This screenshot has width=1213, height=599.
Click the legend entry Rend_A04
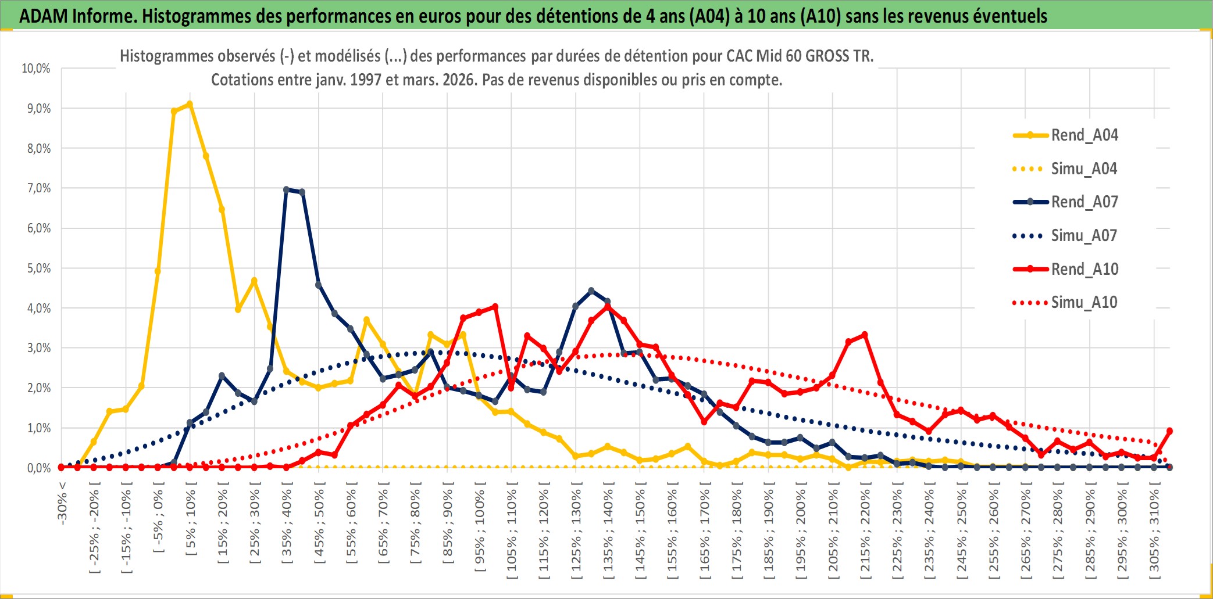1084,135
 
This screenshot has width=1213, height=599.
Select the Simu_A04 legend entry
1084,169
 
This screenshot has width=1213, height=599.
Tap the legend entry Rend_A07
1084,202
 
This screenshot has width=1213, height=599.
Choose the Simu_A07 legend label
1084,236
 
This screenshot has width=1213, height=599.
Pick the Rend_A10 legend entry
1084,270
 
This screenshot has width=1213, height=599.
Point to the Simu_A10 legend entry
1084,303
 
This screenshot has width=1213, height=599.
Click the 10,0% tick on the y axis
36,69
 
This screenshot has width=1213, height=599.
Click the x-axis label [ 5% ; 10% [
191,522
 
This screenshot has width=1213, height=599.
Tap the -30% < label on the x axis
62,503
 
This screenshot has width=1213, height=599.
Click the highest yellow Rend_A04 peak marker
190,105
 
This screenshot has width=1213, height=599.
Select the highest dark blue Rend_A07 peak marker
286,189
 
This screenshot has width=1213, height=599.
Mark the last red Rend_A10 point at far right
1169,431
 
